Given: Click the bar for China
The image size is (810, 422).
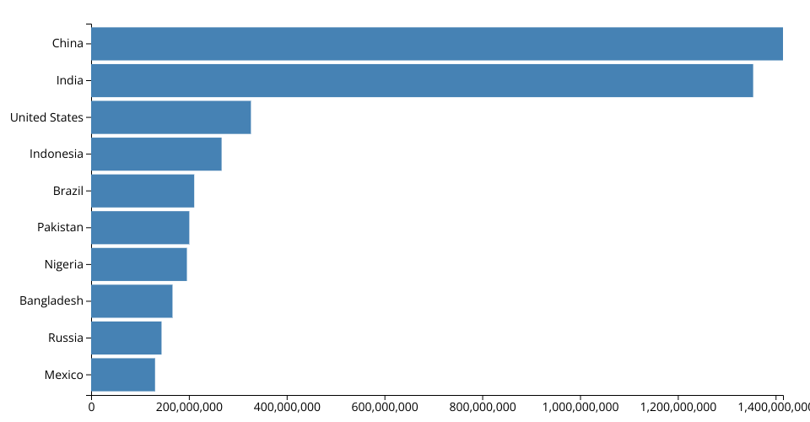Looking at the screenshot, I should [x=437, y=44].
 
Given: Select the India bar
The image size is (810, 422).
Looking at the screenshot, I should [x=422, y=80].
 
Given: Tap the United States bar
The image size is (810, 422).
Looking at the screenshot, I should [x=171, y=117].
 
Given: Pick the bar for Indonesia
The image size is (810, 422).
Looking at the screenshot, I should [x=156, y=154].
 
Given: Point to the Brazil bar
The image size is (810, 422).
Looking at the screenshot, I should [x=143, y=191].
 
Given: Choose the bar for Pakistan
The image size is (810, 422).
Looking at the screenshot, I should [x=140, y=227].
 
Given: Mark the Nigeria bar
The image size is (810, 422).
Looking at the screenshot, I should [x=139, y=264].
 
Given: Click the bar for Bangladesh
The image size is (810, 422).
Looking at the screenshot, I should [x=132, y=301].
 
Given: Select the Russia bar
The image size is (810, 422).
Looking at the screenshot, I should [x=127, y=338].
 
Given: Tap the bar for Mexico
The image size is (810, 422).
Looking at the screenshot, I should [x=123, y=375].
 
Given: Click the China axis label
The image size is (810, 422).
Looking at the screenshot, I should [x=67, y=44].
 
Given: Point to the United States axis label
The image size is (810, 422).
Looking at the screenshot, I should [x=46, y=117].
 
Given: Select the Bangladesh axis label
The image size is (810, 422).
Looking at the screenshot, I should [x=51, y=301].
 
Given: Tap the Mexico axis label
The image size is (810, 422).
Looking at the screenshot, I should [x=64, y=375].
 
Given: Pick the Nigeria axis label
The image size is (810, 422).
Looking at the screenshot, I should [x=64, y=264].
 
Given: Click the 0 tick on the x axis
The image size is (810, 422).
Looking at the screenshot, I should [x=91, y=408].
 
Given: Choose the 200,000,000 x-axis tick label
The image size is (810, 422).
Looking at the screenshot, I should [x=189, y=408].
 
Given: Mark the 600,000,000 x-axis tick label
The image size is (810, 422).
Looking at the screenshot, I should [x=385, y=408].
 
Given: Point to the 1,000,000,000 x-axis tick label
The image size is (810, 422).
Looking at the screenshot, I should [x=580, y=408].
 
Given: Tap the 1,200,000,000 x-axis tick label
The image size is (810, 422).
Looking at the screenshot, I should [x=678, y=408].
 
